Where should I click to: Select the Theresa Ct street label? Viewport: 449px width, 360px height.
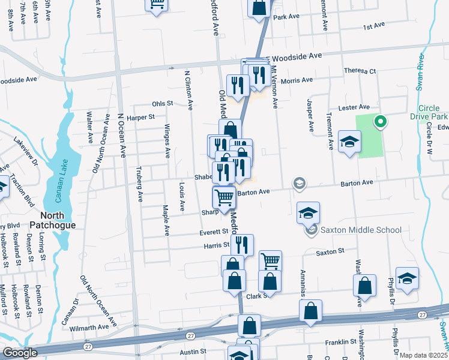tap(360, 71)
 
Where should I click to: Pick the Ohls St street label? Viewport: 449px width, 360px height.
tap(162, 103)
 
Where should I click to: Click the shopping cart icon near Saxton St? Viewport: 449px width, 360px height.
tap(271, 260)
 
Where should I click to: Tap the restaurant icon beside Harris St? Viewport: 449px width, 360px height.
tap(242, 244)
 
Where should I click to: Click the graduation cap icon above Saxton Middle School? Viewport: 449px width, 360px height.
tap(309, 212)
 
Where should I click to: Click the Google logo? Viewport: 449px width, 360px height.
tap(20, 353)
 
